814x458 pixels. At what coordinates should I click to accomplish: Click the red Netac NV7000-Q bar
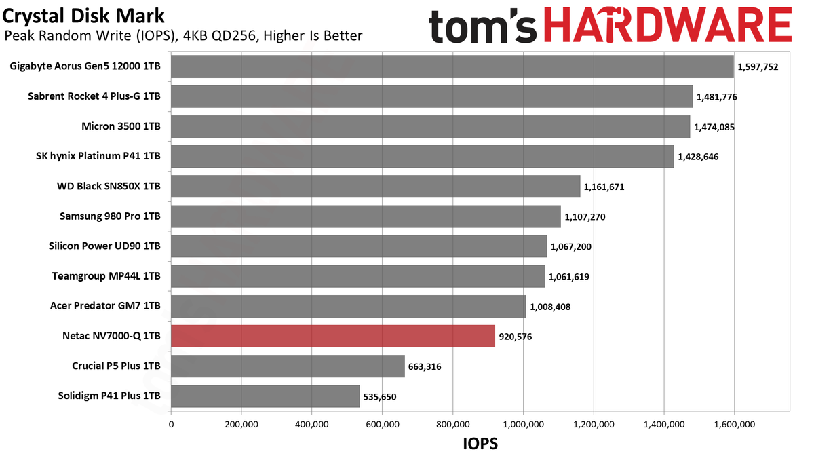pyautogui.click(x=333, y=337)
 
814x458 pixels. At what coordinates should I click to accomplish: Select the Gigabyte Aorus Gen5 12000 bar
pyautogui.click(x=452, y=66)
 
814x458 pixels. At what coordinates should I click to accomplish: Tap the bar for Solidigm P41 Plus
pyautogui.click(x=265, y=396)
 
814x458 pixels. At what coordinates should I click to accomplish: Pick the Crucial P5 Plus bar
pyautogui.click(x=288, y=366)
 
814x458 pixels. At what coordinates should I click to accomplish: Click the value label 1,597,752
pyautogui.click(x=758, y=67)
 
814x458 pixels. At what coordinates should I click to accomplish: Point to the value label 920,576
pyautogui.click(x=516, y=337)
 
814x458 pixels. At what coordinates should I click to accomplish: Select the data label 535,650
pyautogui.click(x=380, y=397)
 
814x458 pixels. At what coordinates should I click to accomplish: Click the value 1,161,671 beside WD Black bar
pyautogui.click(x=604, y=187)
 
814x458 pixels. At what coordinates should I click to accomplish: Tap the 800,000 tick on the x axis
pyautogui.click(x=453, y=425)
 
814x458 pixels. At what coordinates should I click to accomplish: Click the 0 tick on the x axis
pyautogui.click(x=171, y=425)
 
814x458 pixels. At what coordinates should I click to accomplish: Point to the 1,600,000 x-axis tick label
pyautogui.click(x=735, y=425)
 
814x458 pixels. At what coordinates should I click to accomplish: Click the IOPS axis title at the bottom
pyautogui.click(x=480, y=444)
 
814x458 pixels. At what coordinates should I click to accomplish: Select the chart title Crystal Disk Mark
pyautogui.click(x=83, y=16)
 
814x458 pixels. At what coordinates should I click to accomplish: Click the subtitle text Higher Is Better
pyautogui.click(x=313, y=35)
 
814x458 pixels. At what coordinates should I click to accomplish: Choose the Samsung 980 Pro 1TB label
pyautogui.click(x=110, y=216)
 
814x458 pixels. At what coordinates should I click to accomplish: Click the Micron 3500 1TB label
pyautogui.click(x=121, y=126)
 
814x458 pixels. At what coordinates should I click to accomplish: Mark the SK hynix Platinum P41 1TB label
pyautogui.click(x=98, y=156)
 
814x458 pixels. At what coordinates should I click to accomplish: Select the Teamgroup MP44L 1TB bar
pyautogui.click(x=358, y=276)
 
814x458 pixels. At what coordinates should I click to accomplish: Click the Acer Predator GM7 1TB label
pyautogui.click(x=105, y=306)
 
